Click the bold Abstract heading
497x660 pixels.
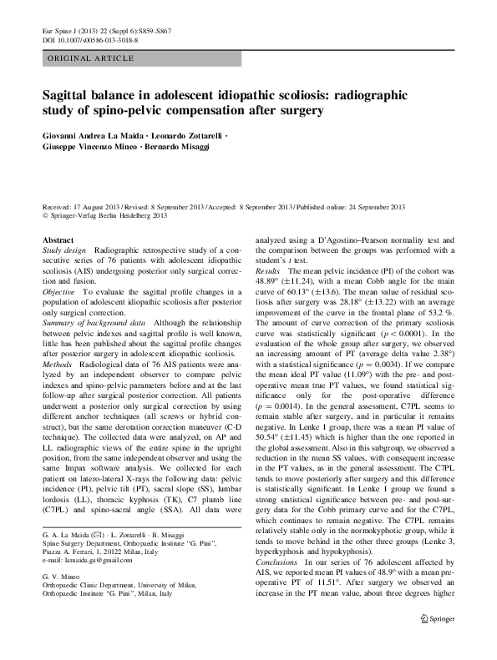coord(58,240)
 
